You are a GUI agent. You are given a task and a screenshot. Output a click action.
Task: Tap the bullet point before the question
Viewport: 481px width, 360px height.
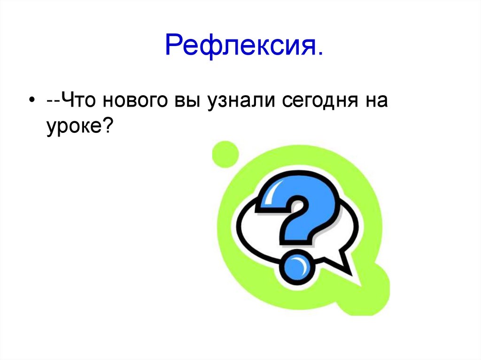(x=31, y=102)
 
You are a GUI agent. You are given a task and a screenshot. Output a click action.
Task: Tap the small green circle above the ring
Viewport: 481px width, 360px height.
(x=225, y=153)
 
